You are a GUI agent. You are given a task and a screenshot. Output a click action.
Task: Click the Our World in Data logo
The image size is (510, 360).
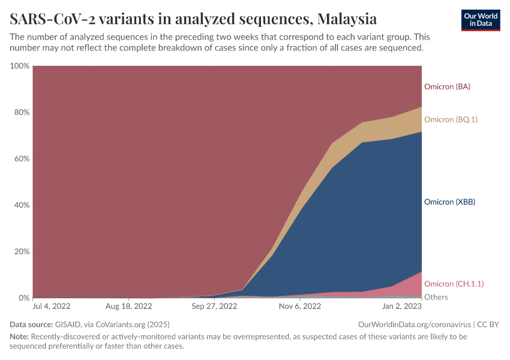tap(480, 20)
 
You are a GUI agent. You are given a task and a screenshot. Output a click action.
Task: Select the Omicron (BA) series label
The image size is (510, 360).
tap(447, 86)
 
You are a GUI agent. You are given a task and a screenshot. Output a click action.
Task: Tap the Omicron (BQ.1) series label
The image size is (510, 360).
tap(451, 119)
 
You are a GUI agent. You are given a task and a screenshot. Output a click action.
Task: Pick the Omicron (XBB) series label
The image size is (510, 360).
tap(449, 202)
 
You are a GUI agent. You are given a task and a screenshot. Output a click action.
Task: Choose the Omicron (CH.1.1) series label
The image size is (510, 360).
tap(454, 284)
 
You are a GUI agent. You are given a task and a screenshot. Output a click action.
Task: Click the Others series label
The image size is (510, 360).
tap(436, 297)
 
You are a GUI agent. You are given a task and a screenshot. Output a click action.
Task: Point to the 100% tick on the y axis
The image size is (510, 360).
tap(20, 65)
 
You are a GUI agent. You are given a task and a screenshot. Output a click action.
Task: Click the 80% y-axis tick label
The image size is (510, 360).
tap(22, 112)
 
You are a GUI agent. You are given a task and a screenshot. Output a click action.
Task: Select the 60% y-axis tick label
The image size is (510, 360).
tap(22, 159)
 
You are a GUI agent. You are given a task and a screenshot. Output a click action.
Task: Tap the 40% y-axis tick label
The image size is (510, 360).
tap(22, 205)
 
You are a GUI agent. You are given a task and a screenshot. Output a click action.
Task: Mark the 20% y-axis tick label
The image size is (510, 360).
tap(22, 251)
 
